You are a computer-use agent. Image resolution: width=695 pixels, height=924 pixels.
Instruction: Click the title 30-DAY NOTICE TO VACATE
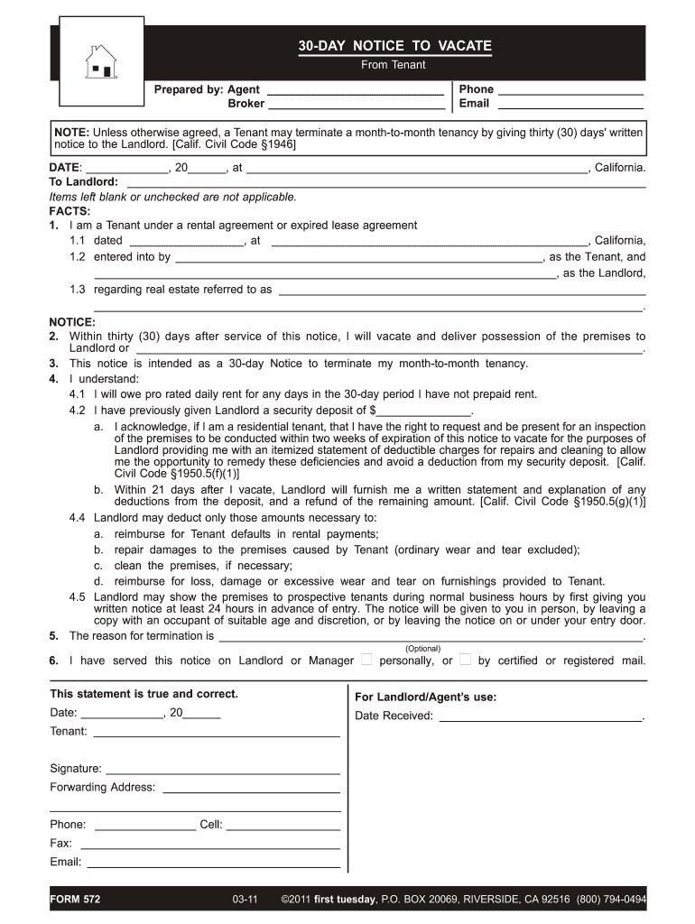(x=395, y=46)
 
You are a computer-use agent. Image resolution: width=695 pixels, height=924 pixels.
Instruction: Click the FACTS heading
(x=69, y=211)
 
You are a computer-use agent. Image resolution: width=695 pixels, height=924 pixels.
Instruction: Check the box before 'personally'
(x=366, y=660)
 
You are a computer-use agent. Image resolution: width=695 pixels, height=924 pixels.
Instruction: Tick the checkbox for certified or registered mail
(x=465, y=660)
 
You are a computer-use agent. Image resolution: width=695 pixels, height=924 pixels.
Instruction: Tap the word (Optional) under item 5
(x=423, y=648)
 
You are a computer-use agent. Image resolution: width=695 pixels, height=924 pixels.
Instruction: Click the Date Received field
(x=539, y=716)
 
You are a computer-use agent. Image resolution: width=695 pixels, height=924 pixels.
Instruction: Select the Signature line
(x=222, y=769)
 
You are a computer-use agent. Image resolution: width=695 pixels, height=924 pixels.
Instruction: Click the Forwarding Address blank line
(x=250, y=787)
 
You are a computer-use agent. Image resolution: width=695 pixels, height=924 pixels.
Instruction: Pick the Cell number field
(x=283, y=825)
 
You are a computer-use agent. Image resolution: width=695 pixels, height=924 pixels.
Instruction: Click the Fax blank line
(x=210, y=843)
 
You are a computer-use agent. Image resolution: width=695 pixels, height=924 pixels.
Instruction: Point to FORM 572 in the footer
(x=77, y=900)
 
